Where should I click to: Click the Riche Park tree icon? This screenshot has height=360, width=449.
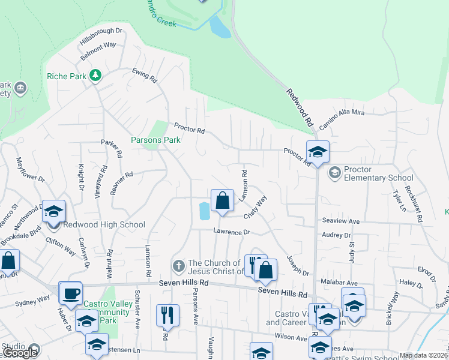point(94,75)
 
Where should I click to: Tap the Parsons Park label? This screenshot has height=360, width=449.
point(155,140)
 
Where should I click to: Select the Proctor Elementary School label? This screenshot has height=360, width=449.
point(379,178)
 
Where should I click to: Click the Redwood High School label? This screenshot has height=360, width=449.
point(105,225)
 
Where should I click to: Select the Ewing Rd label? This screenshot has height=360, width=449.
point(145,75)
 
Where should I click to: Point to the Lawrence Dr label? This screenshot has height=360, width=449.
point(231,232)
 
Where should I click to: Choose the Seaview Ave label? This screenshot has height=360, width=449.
point(340,221)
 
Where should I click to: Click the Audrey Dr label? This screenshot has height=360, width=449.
point(336,235)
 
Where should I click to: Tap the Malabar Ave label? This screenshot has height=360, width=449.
point(340,283)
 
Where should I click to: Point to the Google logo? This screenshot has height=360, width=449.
point(20,353)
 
